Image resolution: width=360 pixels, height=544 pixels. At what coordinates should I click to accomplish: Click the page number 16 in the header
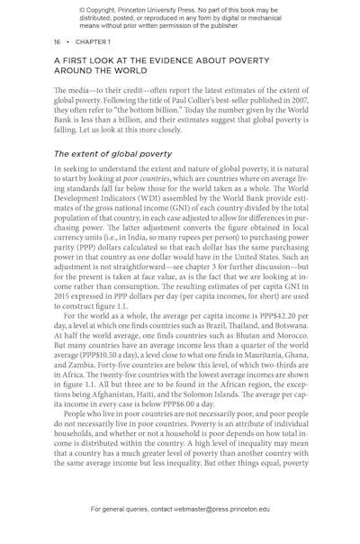coord(58,41)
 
